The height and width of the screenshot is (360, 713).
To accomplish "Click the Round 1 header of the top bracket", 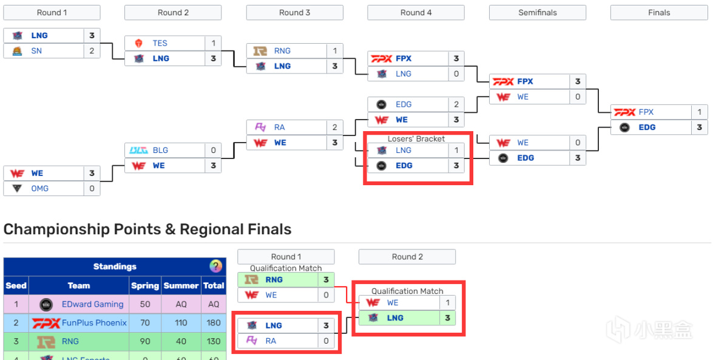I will point(52,12).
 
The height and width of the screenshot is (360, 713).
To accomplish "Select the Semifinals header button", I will point(537,12).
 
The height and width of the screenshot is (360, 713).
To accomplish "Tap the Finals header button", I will point(658,12).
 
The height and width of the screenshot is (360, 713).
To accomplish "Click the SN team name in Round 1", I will point(36,51).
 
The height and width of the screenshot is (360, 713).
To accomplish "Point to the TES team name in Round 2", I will point(160,43).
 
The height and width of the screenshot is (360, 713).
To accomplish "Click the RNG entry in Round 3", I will point(282,51).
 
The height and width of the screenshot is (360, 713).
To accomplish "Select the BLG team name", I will point(160,150).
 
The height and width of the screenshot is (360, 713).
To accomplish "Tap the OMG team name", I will point(40,188).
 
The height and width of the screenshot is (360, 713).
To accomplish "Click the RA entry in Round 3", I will point(279,127).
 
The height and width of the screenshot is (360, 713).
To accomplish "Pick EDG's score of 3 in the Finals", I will point(699,127).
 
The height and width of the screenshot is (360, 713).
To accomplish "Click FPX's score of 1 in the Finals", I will point(699,112).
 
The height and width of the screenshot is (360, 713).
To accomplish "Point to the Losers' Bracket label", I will point(416,139).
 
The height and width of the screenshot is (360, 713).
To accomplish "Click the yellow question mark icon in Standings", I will point(215,267).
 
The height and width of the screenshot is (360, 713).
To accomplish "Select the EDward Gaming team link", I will point(92,304).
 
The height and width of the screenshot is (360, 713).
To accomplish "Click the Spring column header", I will point(144,285).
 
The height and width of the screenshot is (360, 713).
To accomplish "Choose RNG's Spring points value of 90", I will point(144,341).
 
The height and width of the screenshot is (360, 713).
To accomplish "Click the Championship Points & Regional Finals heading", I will point(147,229).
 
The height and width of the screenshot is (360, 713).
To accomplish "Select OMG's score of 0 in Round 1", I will point(92,188).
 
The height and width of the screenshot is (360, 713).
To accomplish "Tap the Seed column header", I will point(16,285).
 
